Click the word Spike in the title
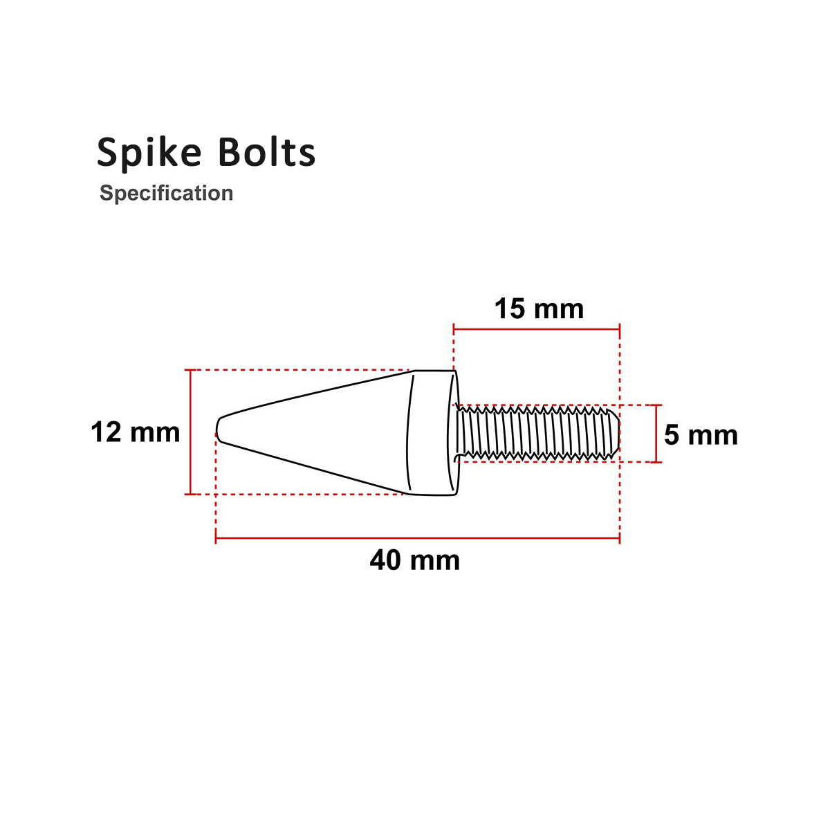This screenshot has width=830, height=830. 149,153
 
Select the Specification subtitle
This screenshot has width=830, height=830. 166,193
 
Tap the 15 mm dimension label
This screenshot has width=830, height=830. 539,308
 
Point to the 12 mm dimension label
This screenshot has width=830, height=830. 136,433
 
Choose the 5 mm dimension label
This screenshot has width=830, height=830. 701,436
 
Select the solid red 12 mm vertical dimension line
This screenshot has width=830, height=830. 190,432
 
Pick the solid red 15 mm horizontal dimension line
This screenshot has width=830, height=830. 536,329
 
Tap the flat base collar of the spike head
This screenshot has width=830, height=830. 432,433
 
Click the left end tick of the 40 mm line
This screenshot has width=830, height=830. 216,537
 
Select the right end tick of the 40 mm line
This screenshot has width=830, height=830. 619,537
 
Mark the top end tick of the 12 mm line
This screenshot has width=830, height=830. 190,371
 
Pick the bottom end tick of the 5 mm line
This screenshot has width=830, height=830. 656,461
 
